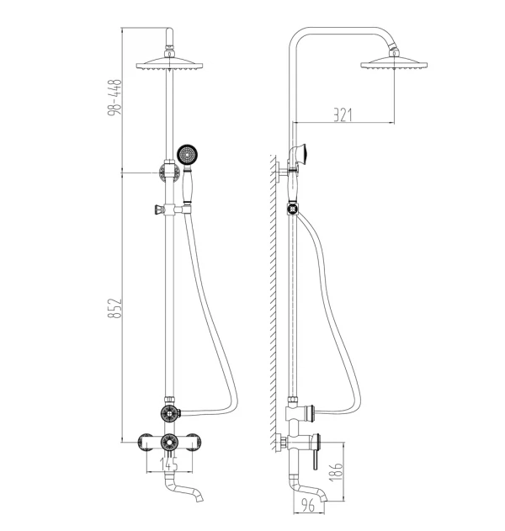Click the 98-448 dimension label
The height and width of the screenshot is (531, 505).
click(114, 97)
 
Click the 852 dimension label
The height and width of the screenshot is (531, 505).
click(114, 308)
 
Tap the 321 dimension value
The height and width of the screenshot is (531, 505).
click(343, 114)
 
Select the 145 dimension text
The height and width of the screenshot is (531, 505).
click(168, 464)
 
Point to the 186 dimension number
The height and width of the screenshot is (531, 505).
click(336, 471)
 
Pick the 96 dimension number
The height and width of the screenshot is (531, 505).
click(307, 506)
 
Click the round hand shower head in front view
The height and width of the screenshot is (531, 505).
click(187, 155)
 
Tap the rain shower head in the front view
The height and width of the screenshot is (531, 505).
click(169, 64)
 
